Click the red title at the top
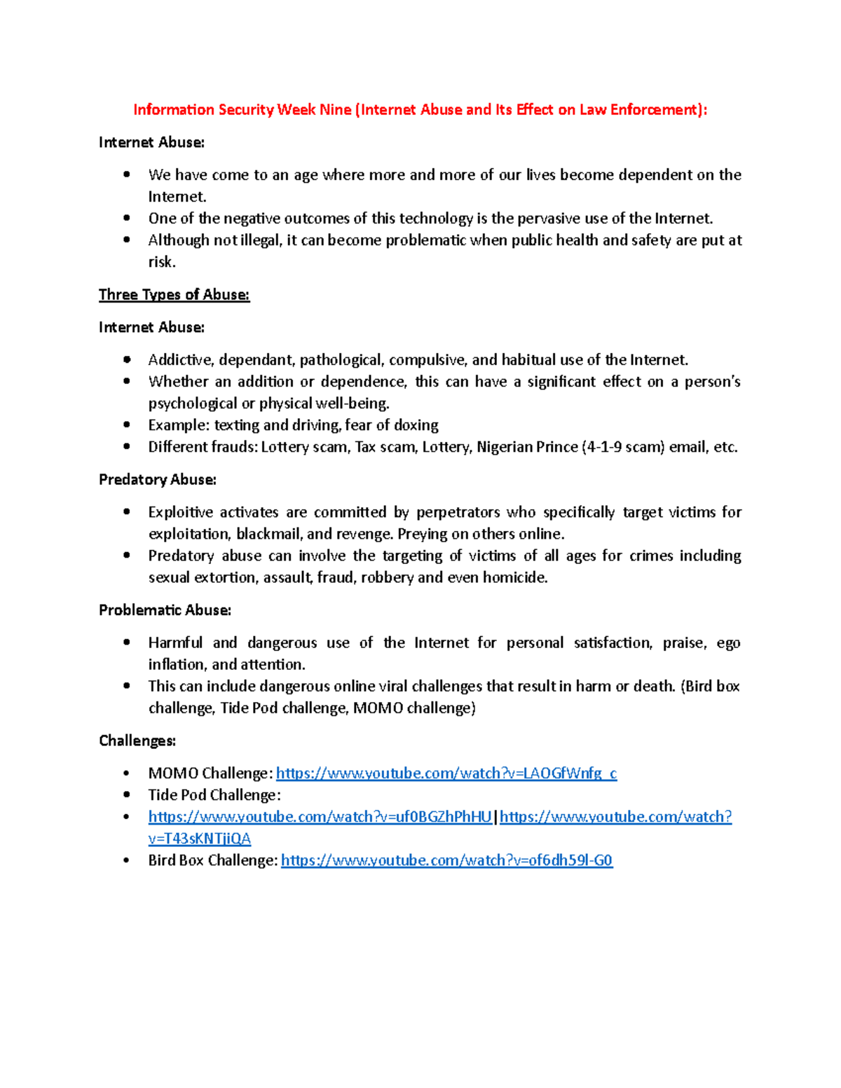420,110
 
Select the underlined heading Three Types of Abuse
174,295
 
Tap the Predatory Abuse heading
157,480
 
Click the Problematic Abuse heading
165,610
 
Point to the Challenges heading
137,741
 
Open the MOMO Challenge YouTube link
446,773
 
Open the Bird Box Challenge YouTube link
446,860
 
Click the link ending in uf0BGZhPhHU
320,817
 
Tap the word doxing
416,425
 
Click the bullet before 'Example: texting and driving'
127,425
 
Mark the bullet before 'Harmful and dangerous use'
127,642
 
